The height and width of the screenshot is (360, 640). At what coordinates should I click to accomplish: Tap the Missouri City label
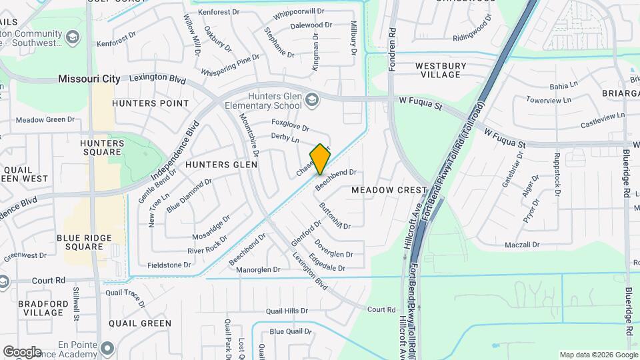(89, 79)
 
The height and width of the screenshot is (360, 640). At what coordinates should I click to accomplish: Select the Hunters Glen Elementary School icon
(311, 101)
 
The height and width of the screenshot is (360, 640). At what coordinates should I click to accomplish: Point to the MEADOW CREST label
(388, 190)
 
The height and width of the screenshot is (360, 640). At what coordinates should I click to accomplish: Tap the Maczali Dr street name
(522, 245)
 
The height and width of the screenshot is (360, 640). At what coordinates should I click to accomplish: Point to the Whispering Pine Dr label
(230, 58)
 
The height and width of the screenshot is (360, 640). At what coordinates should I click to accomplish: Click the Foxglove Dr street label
(290, 125)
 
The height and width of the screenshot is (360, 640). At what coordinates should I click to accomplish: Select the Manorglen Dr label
(258, 270)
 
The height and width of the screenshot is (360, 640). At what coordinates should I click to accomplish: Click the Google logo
(21, 351)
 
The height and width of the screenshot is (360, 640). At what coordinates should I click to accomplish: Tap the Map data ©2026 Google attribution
(598, 355)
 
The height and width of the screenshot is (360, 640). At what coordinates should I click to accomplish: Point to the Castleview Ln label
(603, 119)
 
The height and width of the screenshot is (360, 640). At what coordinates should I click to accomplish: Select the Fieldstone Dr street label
(169, 265)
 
